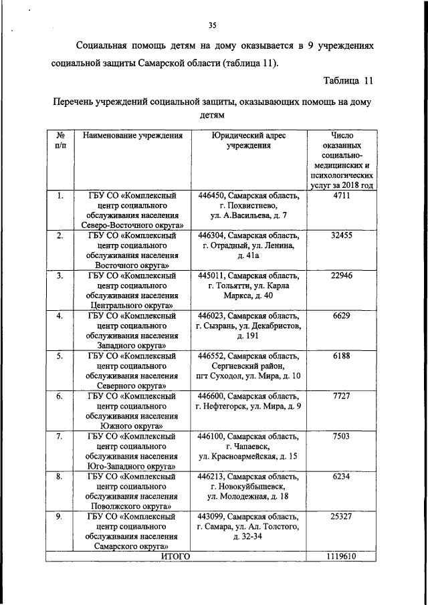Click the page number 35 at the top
pyautogui.click(x=213, y=26)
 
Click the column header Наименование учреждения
pyautogui.click(x=132, y=136)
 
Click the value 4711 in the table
pyautogui.click(x=341, y=196)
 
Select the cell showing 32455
pyautogui.click(x=341, y=236)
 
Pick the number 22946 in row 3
pyautogui.click(x=341, y=276)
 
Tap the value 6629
pyautogui.click(x=341, y=316)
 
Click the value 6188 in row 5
pyautogui.click(x=341, y=356)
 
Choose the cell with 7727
pyautogui.click(x=341, y=396)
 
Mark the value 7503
pyautogui.click(x=341, y=437)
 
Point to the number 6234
pyautogui.click(x=341, y=477)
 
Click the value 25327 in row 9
pyautogui.click(x=341, y=517)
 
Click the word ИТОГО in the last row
pyautogui.click(x=176, y=556)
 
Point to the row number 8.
pyautogui.click(x=60, y=477)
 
